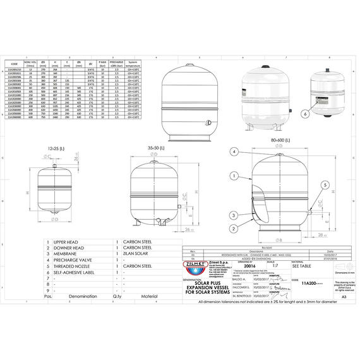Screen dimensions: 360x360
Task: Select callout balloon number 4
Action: [234, 152]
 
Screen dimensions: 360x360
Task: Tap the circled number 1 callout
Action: [233, 176]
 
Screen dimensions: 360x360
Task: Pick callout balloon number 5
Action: [325, 185]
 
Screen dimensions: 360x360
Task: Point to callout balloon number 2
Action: [234, 228]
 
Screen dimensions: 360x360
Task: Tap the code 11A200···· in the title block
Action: [313, 284]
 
